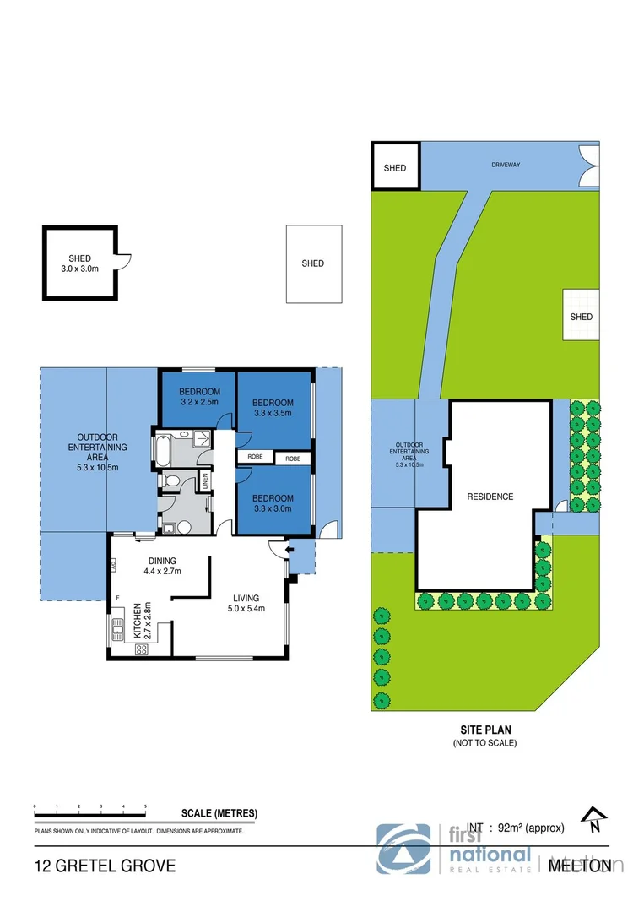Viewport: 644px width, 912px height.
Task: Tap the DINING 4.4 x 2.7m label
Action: click(162, 565)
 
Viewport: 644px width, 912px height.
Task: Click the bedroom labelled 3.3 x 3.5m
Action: click(273, 408)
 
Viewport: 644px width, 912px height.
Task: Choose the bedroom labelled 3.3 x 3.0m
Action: click(273, 503)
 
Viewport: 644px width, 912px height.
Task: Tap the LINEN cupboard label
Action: click(204, 480)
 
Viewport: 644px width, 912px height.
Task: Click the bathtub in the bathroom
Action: click(162, 449)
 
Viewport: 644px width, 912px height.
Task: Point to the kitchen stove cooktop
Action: click(142, 649)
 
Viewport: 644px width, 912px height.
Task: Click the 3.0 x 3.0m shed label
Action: click(80, 263)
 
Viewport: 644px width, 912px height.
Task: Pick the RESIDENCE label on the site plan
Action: click(490, 497)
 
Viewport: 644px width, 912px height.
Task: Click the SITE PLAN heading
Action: click(485, 730)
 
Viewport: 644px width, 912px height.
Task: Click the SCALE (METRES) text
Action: click(219, 814)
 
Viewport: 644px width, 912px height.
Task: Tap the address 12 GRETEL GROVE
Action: click(105, 866)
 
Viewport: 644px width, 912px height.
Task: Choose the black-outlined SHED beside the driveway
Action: click(395, 167)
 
